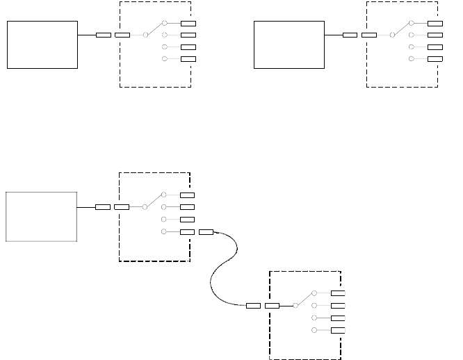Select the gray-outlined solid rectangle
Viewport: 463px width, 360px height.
click(41, 216)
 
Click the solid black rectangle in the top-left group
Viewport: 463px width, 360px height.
click(42, 44)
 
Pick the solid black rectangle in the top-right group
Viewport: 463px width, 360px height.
click(289, 44)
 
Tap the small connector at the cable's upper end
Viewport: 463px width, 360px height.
click(206, 231)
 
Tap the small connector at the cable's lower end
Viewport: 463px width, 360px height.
click(253, 305)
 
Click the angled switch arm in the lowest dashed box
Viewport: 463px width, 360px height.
click(304, 299)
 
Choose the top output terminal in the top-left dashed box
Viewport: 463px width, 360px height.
click(188, 23)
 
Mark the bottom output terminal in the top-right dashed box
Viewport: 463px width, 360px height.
click(435, 59)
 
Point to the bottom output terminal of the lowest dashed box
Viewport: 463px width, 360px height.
click(338, 330)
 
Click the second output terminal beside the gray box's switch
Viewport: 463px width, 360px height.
click(187, 207)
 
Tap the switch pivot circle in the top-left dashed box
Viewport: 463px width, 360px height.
click(145, 35)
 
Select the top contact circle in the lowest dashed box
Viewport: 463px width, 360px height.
click(314, 293)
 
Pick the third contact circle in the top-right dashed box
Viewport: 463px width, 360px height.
click(412, 47)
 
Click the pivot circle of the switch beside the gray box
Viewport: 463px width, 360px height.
click(145, 207)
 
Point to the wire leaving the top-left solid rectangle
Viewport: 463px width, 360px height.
click(86, 35)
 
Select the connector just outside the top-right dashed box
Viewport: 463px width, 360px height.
click(350, 35)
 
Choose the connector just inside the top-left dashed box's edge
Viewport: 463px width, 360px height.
click(122, 35)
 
